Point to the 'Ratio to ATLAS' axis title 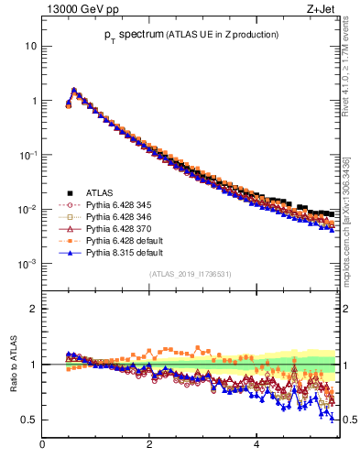tap(13, 365)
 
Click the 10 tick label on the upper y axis tap(31, 46)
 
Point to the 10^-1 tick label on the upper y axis tap(28, 155)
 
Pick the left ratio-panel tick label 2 tap(33, 309)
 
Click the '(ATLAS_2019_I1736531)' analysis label tap(191, 274)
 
